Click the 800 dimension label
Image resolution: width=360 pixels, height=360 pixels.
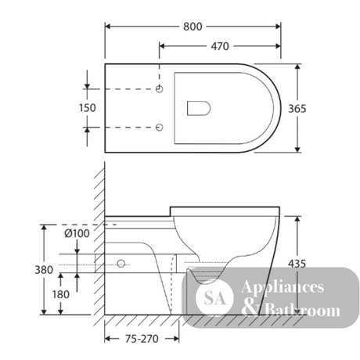point(193,27)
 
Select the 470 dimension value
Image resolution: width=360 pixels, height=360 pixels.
point(220,46)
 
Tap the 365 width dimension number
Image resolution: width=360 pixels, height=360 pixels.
point(297,109)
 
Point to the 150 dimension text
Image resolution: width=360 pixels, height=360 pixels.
point(88,108)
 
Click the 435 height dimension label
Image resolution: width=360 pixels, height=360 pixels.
point(297,264)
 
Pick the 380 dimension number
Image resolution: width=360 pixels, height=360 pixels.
point(44,270)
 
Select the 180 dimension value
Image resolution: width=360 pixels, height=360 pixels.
point(61,294)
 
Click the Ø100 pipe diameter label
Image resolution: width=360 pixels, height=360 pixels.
point(77,233)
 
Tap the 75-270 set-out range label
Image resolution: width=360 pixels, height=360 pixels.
point(142,339)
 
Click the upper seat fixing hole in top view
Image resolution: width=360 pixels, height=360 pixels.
point(160,89)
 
